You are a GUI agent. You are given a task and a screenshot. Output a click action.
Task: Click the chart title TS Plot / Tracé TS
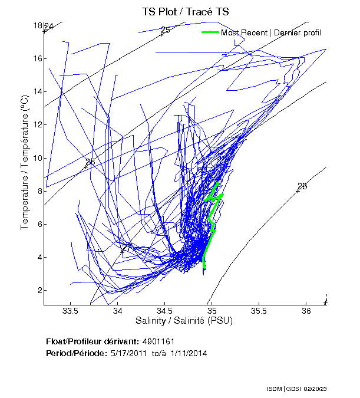185,12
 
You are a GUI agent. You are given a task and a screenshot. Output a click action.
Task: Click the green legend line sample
210,32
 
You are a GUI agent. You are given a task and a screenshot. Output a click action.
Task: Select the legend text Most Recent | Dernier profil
271,32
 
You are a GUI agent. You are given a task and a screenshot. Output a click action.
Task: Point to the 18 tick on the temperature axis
38,25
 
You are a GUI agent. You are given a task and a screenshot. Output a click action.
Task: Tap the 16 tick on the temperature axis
38,58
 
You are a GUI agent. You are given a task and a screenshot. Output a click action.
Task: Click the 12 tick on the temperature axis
38,124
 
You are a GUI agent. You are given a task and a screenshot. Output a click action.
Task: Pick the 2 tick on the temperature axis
39,290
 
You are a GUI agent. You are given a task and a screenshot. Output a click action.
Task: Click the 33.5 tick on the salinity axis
71,311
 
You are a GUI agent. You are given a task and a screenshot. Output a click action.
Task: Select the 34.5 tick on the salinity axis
165,311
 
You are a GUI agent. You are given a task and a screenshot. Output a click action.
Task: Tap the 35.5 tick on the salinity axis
259,311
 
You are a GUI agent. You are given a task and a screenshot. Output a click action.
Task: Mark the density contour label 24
48,27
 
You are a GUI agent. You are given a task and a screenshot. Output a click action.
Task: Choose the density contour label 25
165,29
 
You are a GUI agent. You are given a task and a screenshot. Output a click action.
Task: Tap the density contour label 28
302,186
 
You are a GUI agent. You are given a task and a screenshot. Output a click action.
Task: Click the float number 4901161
158,341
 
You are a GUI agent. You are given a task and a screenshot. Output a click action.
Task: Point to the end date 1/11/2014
189,353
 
